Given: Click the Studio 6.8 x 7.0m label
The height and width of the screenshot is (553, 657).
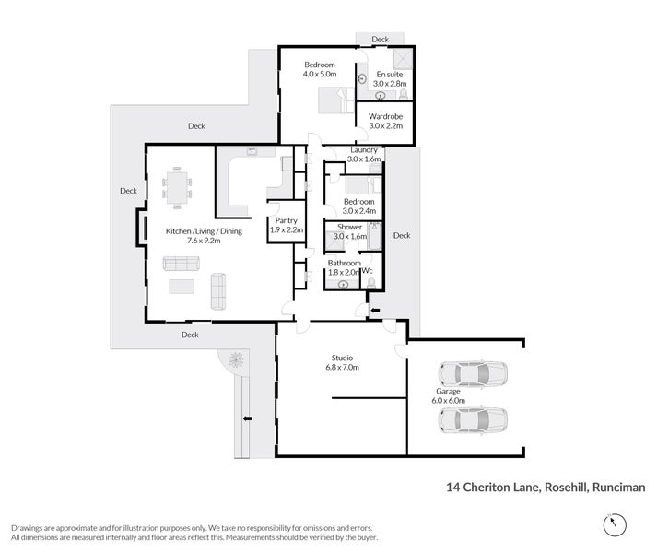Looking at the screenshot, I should click(x=343, y=362).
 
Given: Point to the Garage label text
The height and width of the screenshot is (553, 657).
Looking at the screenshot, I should click(x=448, y=392).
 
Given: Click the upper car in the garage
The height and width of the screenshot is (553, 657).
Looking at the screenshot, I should click(x=472, y=374).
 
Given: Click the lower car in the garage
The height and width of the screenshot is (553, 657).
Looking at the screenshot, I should click(x=472, y=420).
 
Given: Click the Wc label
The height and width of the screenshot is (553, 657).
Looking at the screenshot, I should click(x=368, y=271).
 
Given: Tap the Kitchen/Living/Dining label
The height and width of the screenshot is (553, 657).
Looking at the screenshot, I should click(x=204, y=231).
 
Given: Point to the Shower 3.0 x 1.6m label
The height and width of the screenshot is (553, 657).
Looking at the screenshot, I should click(x=350, y=230).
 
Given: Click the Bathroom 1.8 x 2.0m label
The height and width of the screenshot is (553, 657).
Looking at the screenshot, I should click(x=345, y=267).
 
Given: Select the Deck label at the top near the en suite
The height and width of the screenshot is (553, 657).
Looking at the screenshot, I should click(x=381, y=40).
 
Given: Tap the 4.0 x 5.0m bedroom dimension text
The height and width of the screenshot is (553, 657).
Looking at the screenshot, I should click(x=320, y=75).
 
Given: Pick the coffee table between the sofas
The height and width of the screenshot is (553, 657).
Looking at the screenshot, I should click(x=181, y=287).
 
